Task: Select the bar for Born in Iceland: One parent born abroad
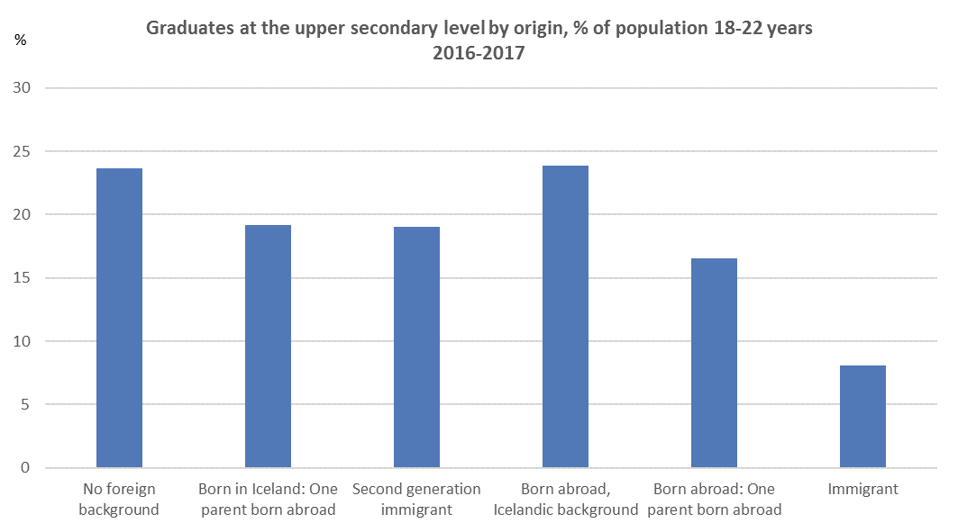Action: pyautogui.click(x=268, y=347)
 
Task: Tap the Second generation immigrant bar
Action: pyautogui.click(x=416, y=347)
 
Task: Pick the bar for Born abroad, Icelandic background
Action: pyautogui.click(x=565, y=317)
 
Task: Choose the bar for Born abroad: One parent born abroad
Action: pyautogui.click(x=714, y=363)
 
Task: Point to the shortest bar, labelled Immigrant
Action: pyautogui.click(x=862, y=417)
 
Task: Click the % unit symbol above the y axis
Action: pyautogui.click(x=20, y=41)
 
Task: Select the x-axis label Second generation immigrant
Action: pyautogui.click(x=416, y=500)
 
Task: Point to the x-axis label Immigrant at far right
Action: pyautogui.click(x=862, y=490)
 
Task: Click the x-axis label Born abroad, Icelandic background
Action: pyautogui.click(x=565, y=500)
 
